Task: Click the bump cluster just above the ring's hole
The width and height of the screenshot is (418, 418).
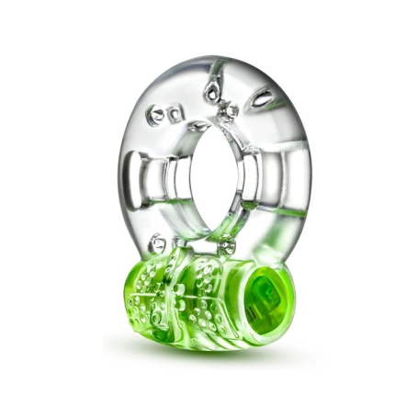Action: click(227, 112)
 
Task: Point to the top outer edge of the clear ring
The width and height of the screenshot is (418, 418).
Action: click(215, 62)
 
